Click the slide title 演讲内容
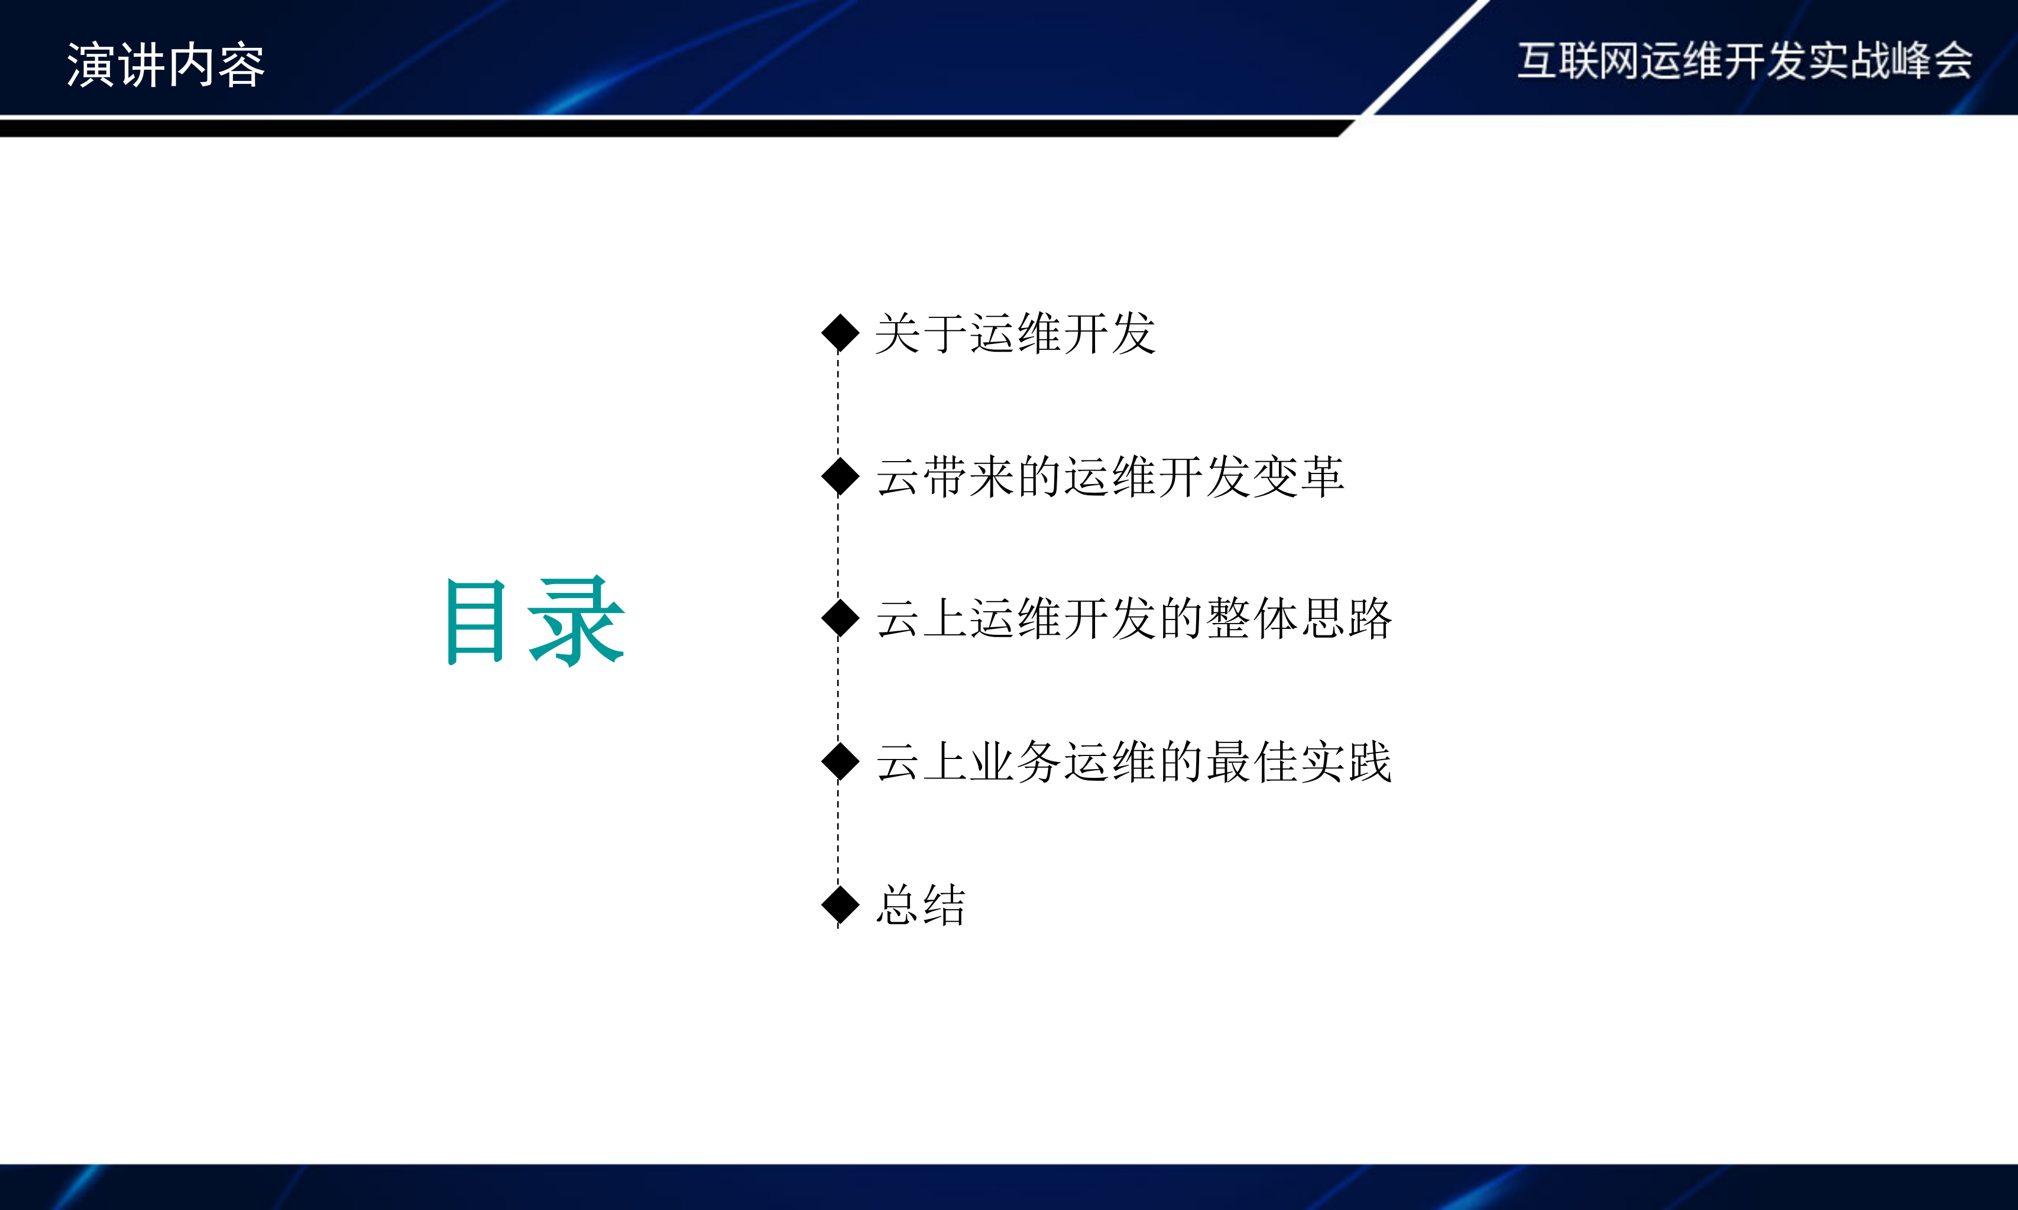(166, 65)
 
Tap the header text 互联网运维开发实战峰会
(1744, 61)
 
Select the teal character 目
(476, 621)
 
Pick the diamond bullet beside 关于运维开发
(840, 333)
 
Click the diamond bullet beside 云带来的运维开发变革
(840, 476)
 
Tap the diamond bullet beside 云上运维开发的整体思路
(840, 618)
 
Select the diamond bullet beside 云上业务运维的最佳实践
(840, 761)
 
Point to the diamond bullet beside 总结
(840, 904)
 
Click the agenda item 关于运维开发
(1015, 333)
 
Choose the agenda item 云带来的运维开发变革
(1110, 476)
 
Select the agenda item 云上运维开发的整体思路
(1133, 618)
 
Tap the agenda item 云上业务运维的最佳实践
(1133, 761)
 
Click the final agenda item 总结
(921, 905)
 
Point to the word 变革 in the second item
(1298, 476)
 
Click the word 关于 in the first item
(921, 333)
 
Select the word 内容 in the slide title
(216, 65)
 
